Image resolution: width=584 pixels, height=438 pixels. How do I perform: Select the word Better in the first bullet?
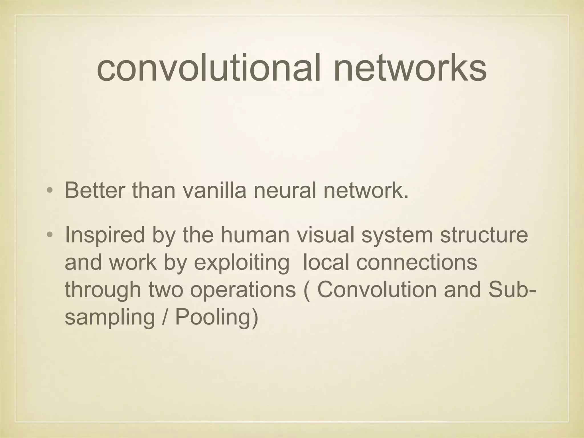click(95, 190)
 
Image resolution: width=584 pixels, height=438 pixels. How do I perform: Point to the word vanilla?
click(214, 190)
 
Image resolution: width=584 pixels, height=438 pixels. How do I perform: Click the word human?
click(255, 235)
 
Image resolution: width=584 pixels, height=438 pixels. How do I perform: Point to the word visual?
click(325, 235)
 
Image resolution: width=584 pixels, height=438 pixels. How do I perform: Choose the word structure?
click(484, 235)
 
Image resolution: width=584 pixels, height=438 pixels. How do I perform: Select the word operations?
click(243, 290)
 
